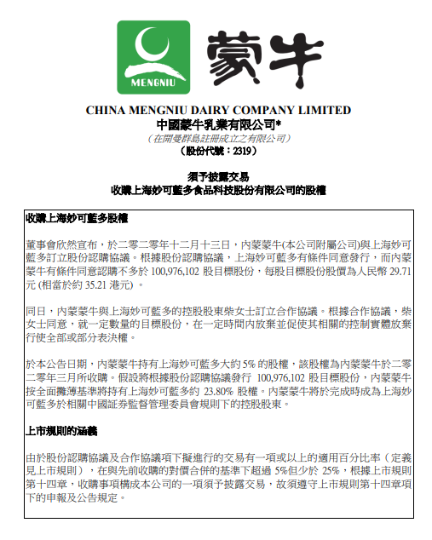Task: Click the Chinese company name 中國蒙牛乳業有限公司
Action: click(217, 124)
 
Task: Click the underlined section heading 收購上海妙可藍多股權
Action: click(77, 218)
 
